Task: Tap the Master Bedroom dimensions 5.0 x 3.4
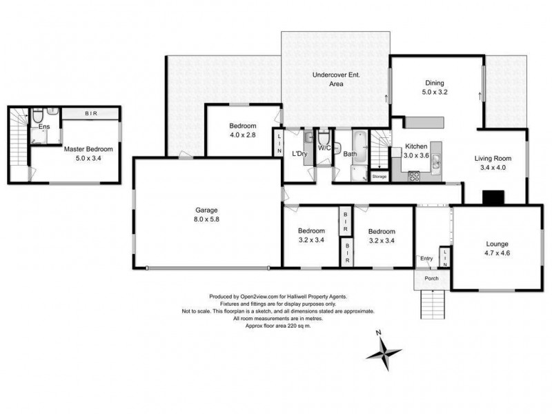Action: [88, 158]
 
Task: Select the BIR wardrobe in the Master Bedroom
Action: [90, 113]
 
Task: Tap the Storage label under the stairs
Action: [379, 177]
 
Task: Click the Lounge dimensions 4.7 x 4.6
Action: [497, 253]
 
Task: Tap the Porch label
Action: [431, 279]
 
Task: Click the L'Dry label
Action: [299, 153]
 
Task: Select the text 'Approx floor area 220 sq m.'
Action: [278, 326]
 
